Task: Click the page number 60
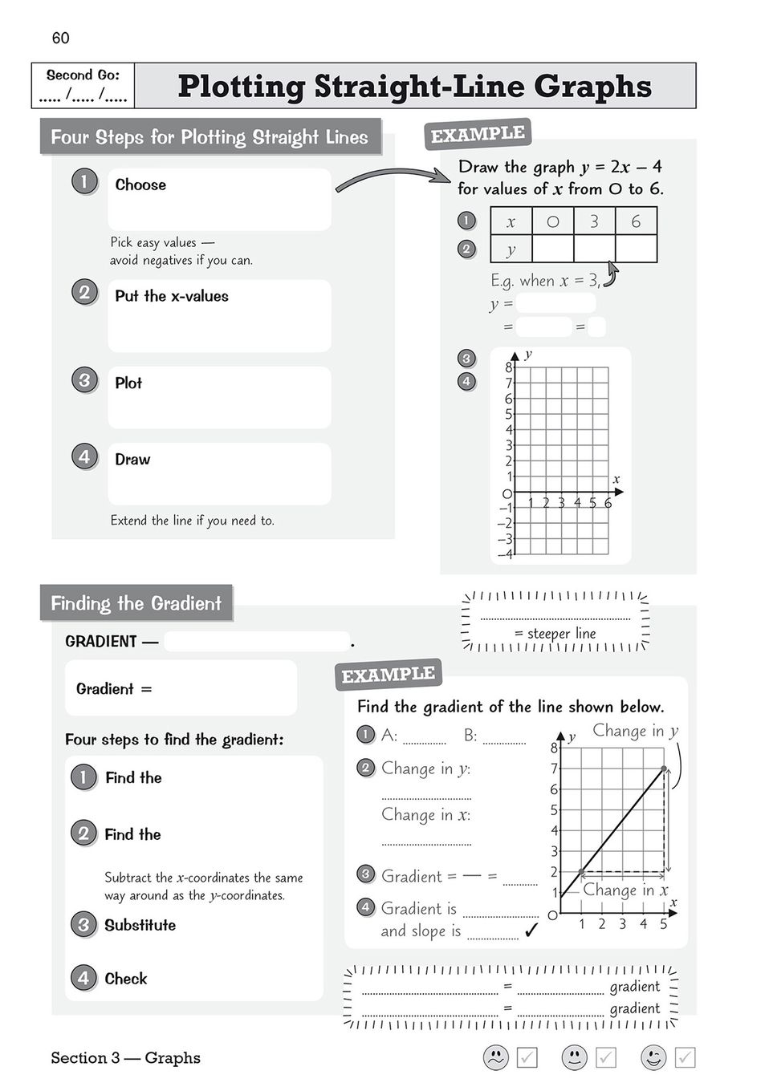click(60, 38)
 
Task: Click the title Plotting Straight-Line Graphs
click(414, 86)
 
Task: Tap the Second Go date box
click(83, 86)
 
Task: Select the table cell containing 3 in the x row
click(594, 221)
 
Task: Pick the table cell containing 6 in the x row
click(636, 221)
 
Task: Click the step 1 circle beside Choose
click(84, 181)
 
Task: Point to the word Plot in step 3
click(128, 383)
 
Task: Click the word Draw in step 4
click(132, 460)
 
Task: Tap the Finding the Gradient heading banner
click(136, 603)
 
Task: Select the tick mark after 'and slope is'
click(531, 931)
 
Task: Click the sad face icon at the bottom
click(496, 1057)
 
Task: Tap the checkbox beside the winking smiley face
click(685, 1057)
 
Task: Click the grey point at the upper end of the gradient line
click(664, 769)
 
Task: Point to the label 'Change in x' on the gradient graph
click(625, 890)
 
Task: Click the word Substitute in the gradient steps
click(140, 925)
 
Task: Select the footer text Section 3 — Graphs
click(125, 1057)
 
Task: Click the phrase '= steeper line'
click(555, 633)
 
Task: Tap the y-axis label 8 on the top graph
click(508, 367)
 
